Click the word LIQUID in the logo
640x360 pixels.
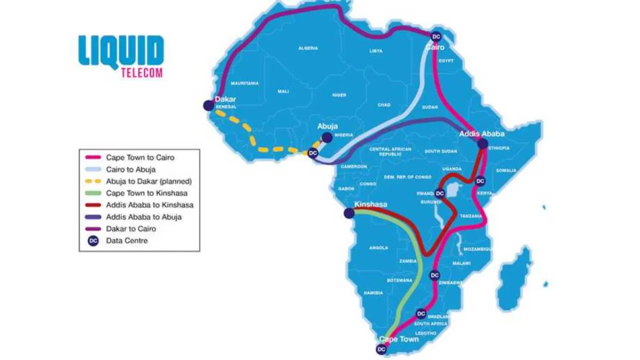coord(121,50)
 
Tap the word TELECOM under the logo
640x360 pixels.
coord(142,72)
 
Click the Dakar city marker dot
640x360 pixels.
coord(208,105)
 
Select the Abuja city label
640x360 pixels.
coord(327,126)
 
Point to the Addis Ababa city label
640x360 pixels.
coord(482,134)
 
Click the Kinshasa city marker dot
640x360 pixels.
coord(349,213)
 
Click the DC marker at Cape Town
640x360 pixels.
coord(382,349)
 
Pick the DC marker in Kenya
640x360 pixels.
coord(480,181)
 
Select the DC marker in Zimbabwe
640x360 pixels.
coord(435,275)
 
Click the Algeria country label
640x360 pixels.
coord(308,48)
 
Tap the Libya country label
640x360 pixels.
coord(375,51)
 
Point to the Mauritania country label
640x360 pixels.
coord(244,83)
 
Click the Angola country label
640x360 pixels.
coord(378,247)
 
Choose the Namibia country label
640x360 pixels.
coord(373,292)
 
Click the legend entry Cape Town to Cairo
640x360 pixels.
coord(139,157)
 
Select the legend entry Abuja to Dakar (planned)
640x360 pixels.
coord(149,181)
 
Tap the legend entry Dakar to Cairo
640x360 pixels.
coord(131,228)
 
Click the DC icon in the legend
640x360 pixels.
coord(92,240)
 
